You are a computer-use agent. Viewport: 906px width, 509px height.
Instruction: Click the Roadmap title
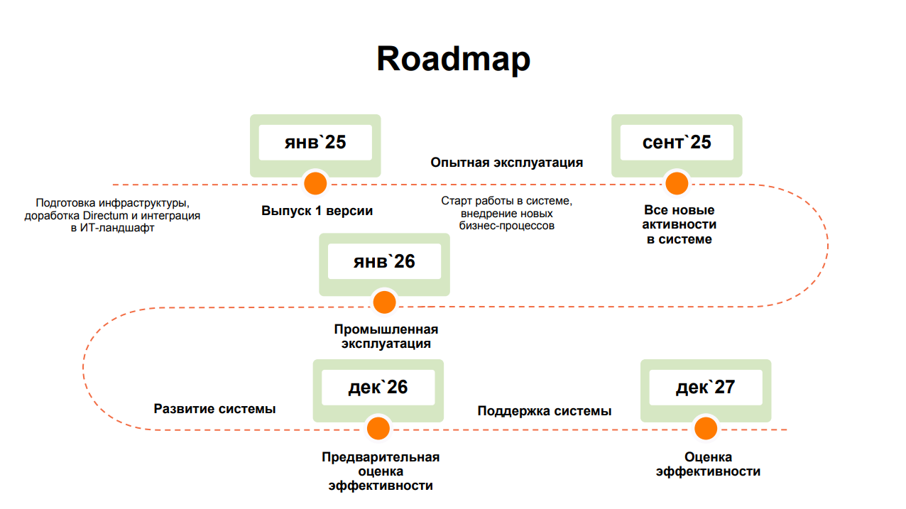pyautogui.click(x=453, y=59)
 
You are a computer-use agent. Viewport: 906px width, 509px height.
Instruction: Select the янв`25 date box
pyautogui.click(x=315, y=143)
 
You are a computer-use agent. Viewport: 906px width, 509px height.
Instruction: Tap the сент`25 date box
pyautogui.click(x=677, y=143)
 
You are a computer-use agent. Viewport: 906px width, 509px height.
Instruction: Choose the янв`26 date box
pyautogui.click(x=384, y=262)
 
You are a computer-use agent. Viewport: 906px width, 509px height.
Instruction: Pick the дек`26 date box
pyautogui.click(x=378, y=387)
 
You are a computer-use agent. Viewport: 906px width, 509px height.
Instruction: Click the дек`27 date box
pyautogui.click(x=705, y=387)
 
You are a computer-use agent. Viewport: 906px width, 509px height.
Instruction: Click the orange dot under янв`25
pyautogui.click(x=315, y=184)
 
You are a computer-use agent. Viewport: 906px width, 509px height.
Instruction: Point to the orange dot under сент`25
pyautogui.click(x=677, y=184)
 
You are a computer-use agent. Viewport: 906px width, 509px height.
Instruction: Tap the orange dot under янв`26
pyautogui.click(x=384, y=302)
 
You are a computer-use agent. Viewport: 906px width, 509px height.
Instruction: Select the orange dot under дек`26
pyautogui.click(x=378, y=428)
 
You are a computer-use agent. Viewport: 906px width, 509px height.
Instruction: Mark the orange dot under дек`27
pyautogui.click(x=705, y=428)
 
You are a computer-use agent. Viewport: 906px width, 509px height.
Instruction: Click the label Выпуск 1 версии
pyautogui.click(x=317, y=211)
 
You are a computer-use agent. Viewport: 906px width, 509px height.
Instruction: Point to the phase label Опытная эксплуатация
pyautogui.click(x=506, y=163)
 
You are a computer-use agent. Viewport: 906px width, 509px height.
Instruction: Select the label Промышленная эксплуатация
pyautogui.click(x=386, y=336)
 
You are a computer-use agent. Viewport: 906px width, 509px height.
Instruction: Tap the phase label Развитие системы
pyautogui.click(x=214, y=409)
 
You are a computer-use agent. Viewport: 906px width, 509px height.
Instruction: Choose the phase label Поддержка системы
pyautogui.click(x=544, y=411)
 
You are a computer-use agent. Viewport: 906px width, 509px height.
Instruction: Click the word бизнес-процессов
pyautogui.click(x=506, y=226)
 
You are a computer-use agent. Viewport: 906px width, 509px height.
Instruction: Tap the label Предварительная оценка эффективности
pyautogui.click(x=381, y=471)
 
